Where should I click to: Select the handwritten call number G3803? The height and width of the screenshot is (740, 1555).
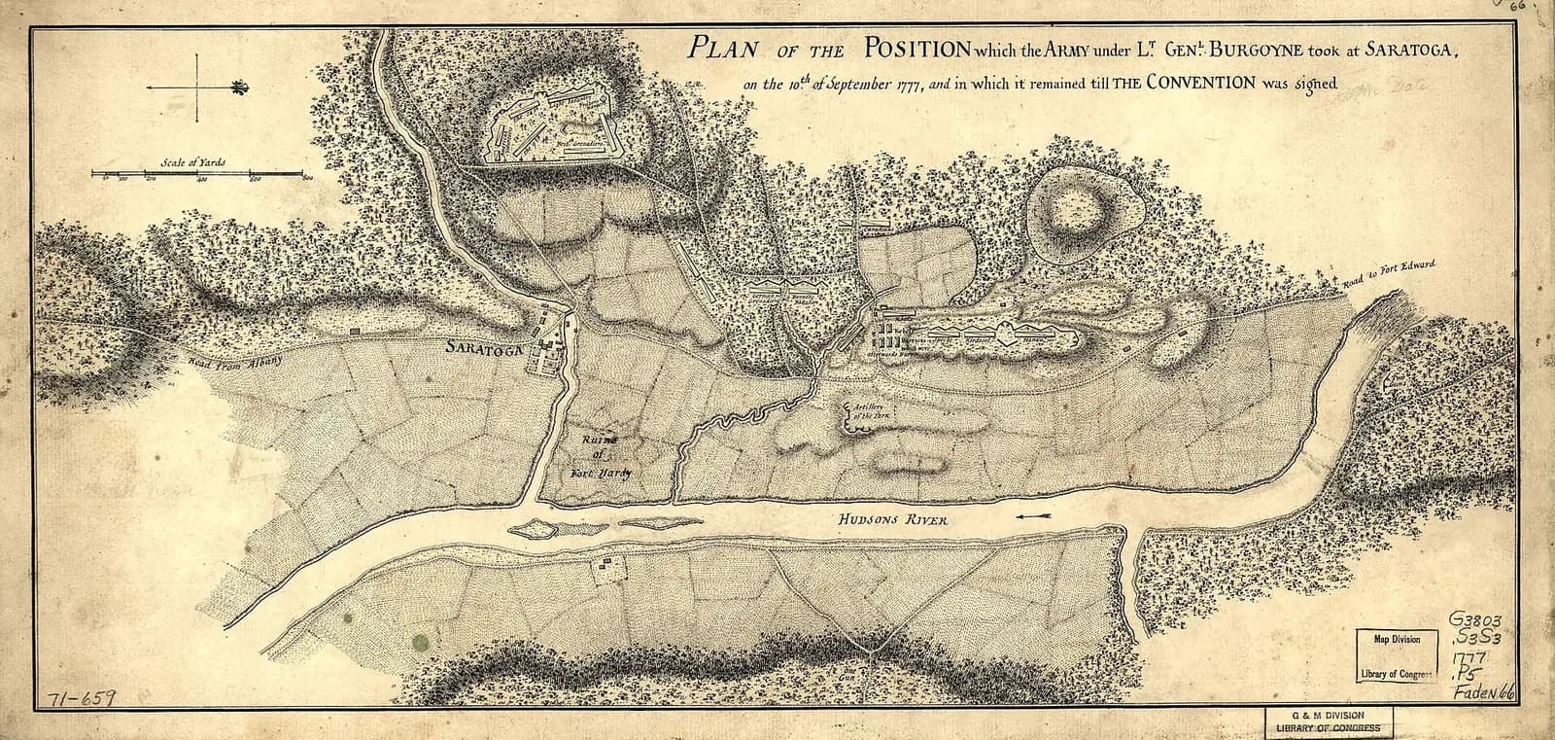pos(1480,620)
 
